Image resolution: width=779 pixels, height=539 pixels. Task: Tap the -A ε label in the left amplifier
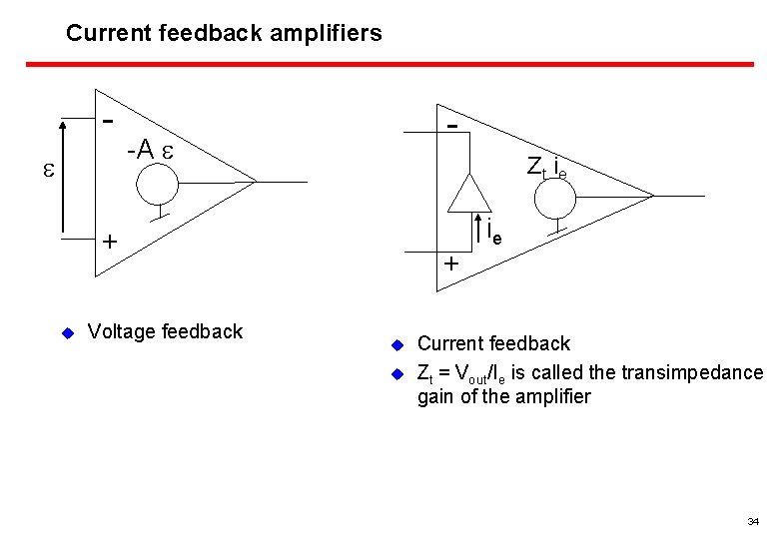pyautogui.click(x=151, y=151)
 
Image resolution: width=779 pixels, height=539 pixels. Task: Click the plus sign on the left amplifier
pyautogui.click(x=109, y=243)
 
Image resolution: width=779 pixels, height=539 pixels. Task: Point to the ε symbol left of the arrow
pyautogui.click(x=48, y=171)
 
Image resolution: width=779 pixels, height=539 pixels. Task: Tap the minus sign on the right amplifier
pyautogui.click(x=452, y=127)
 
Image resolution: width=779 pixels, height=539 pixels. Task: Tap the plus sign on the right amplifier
pyautogui.click(x=451, y=266)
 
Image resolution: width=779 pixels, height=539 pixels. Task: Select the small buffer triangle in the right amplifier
pyautogui.click(x=464, y=193)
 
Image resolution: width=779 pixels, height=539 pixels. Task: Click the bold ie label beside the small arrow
pyautogui.click(x=494, y=232)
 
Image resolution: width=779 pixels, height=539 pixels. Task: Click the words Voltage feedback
pyautogui.click(x=165, y=331)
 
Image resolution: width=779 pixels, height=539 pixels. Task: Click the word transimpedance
pyautogui.click(x=692, y=373)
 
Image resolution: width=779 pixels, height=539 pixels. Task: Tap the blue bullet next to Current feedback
pyautogui.click(x=395, y=345)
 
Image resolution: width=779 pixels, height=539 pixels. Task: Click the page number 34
pyautogui.click(x=752, y=522)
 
